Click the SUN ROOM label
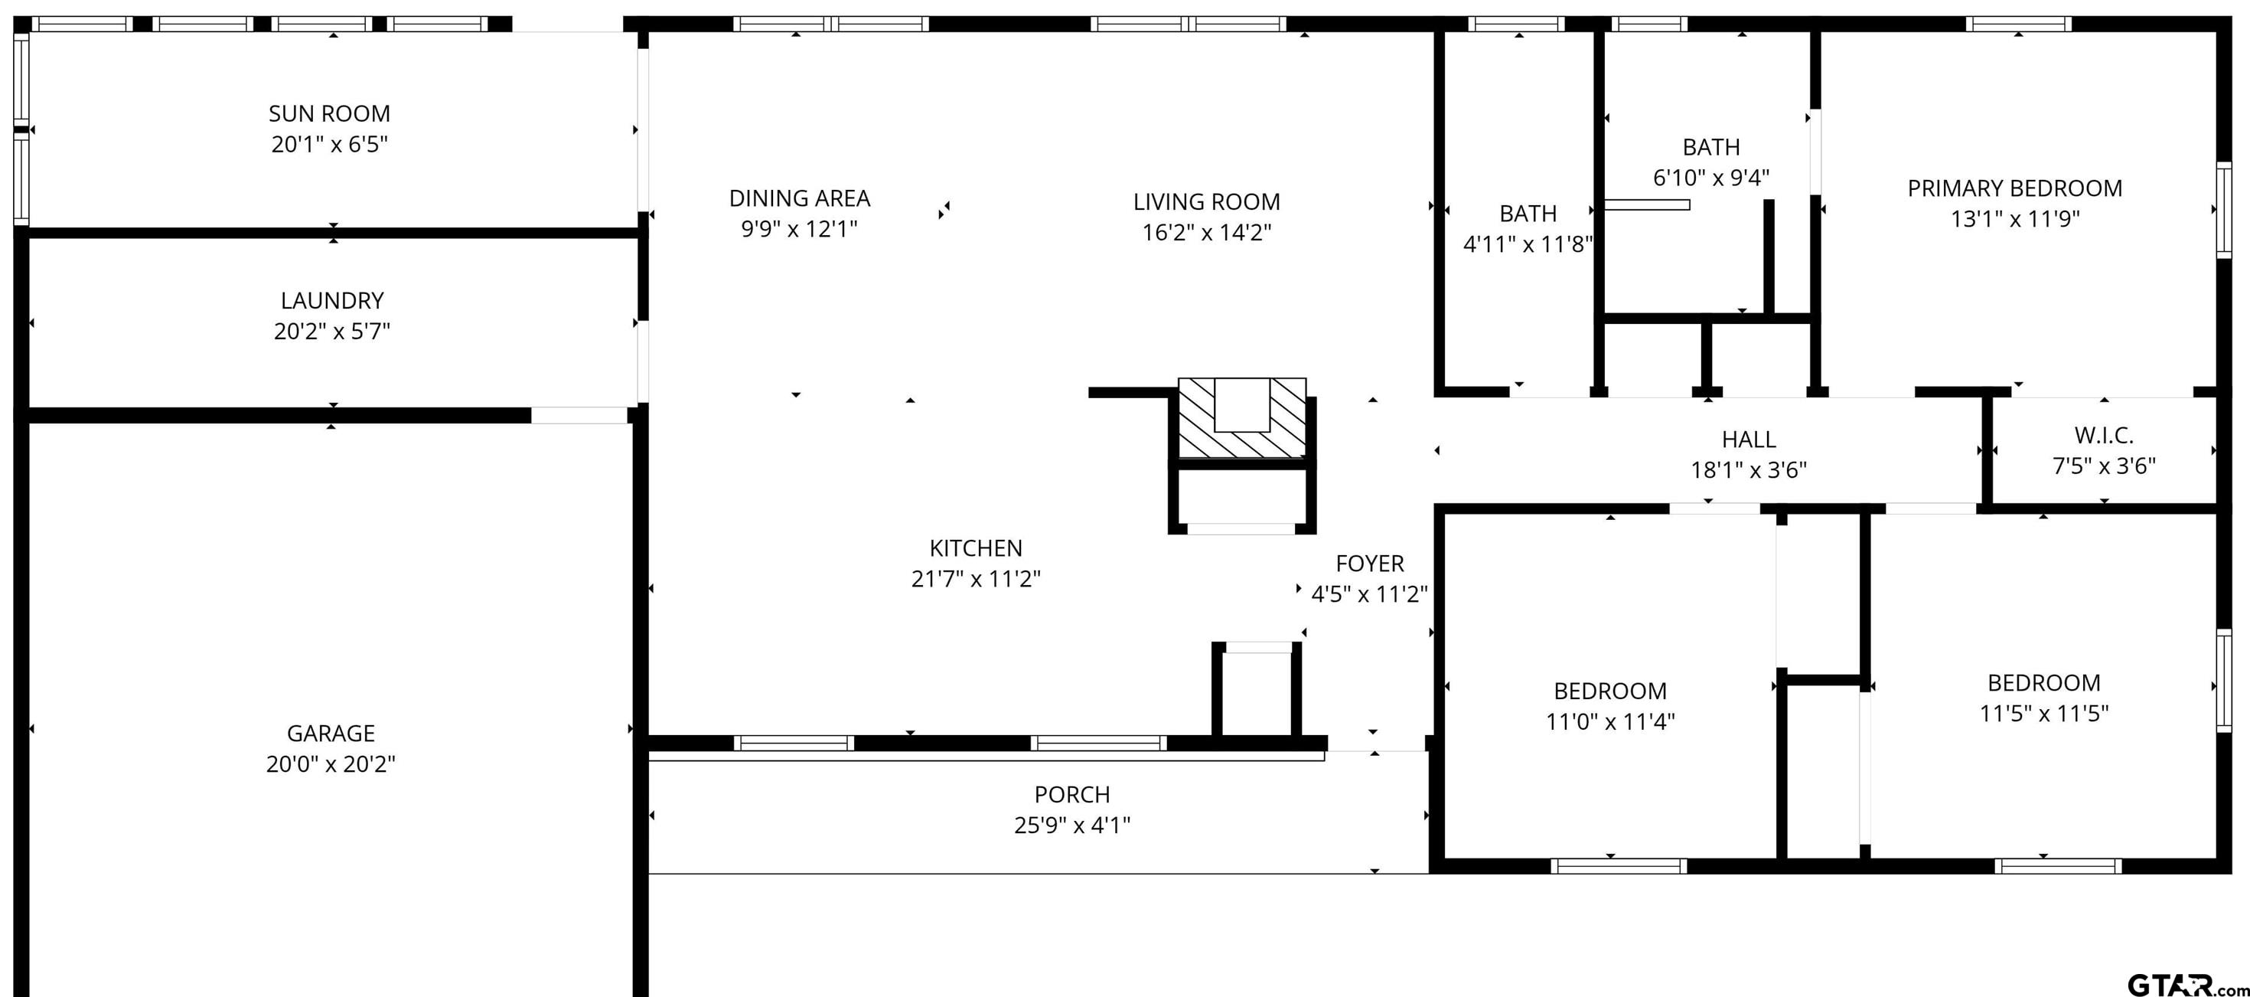coord(329,113)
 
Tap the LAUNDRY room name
coord(332,301)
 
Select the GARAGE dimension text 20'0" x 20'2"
coord(331,763)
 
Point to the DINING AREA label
coord(799,198)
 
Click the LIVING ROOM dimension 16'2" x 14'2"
coord(1207,233)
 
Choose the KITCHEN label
coord(976,548)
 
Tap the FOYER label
coord(1370,564)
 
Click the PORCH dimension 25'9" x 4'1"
coord(1073,825)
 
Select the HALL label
coord(1749,440)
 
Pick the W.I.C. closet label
coord(2104,435)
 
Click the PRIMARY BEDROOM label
coord(2015,188)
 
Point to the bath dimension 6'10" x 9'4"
coord(1711,178)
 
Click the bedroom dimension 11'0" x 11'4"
coord(1611,722)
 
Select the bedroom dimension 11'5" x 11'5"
coord(2044,714)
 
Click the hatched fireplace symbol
coord(1242,417)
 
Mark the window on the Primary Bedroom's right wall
coord(2224,210)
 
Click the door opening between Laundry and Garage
coord(580,415)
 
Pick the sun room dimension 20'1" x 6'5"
coord(329,144)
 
